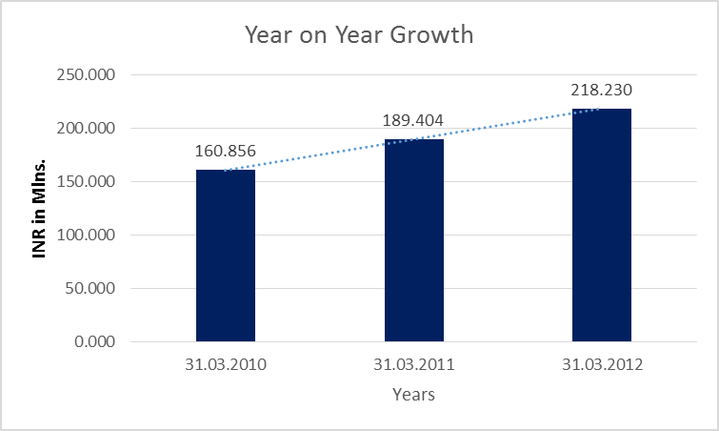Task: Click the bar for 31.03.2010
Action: pos(226,256)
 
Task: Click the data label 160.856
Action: pos(226,151)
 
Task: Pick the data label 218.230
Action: pos(602,91)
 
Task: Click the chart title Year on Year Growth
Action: pos(360,36)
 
